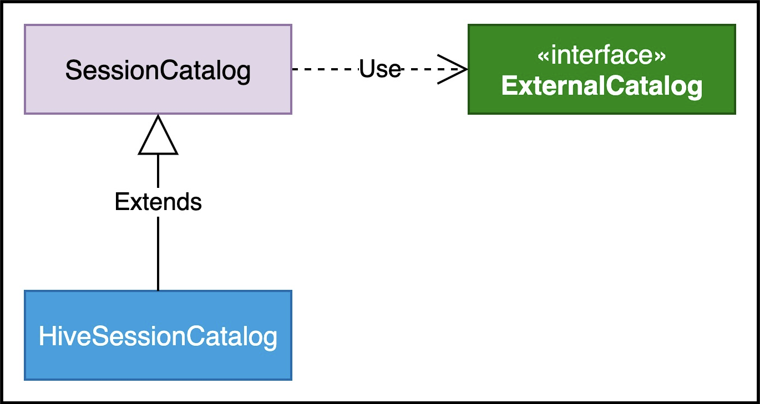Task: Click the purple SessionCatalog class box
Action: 158,69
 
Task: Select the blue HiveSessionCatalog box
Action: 158,335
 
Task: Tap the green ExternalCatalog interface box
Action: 601,69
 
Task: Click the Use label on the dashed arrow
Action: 380,69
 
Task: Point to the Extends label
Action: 158,202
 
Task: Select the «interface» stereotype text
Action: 601,55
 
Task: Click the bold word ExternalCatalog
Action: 601,86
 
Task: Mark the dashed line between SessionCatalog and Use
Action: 326,69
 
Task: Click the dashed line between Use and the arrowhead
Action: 434,69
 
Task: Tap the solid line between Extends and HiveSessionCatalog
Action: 158,253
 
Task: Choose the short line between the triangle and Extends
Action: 158,171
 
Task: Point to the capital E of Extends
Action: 121,202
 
